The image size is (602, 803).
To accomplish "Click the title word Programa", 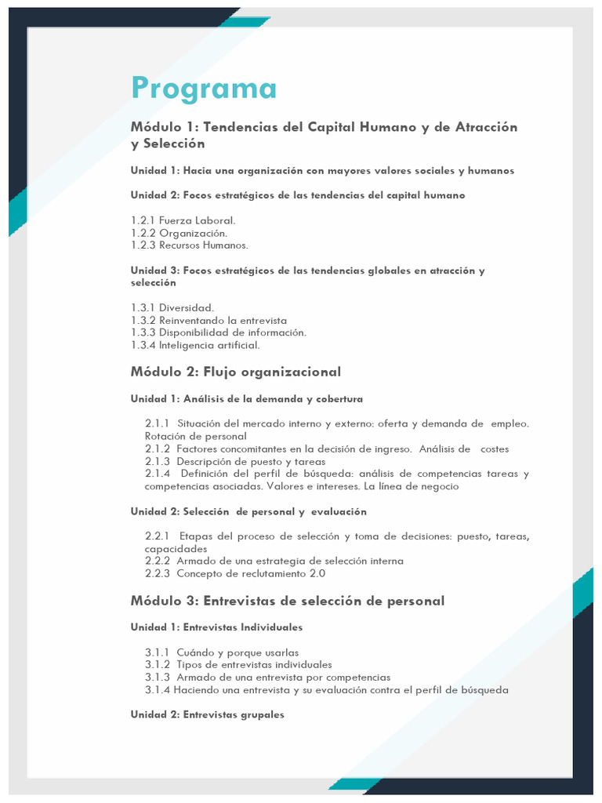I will pyautogui.click(x=204, y=89).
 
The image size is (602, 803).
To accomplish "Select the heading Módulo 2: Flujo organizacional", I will pyautogui.click(x=235, y=372).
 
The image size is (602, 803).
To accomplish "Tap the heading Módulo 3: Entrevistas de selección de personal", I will pyautogui.click(x=287, y=601).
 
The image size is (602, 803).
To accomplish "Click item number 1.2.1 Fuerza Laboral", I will pyautogui.click(x=183, y=220).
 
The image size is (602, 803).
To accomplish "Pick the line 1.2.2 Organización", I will pyautogui.click(x=179, y=233).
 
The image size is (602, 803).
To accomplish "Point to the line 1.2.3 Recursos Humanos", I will pyautogui.click(x=189, y=245).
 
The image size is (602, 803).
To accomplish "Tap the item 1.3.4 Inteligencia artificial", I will pyautogui.click(x=195, y=345).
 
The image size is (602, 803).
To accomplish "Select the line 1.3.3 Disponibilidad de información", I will pyautogui.click(x=219, y=332).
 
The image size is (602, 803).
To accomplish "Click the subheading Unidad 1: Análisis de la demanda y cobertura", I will pyautogui.click(x=246, y=399).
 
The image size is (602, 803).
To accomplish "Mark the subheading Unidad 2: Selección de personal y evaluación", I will pyautogui.click(x=248, y=511).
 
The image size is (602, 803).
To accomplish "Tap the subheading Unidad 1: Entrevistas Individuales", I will pyautogui.click(x=216, y=627).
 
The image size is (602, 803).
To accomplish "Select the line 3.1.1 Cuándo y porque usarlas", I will pyautogui.click(x=222, y=652).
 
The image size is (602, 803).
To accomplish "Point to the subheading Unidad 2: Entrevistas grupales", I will pyautogui.click(x=207, y=715).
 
